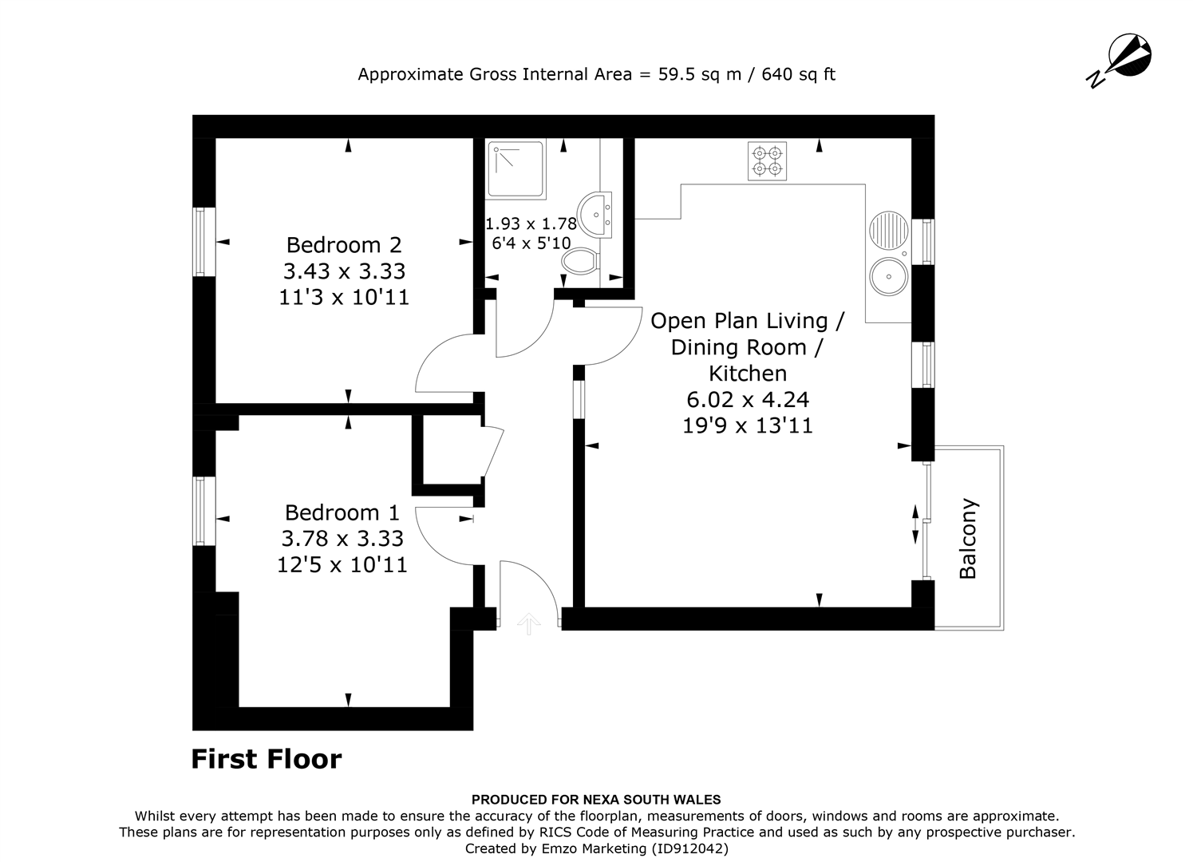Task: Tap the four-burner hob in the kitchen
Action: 767,161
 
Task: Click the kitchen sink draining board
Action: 887,231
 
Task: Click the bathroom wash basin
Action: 596,214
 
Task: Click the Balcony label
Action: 968,539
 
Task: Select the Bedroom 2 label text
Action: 344,244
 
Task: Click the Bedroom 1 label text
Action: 342,512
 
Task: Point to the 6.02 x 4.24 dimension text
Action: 748,399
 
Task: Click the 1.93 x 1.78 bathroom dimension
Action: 531,224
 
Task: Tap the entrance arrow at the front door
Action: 527,623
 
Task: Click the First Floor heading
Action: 267,758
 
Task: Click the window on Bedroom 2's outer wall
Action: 204,242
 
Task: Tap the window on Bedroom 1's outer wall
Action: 204,511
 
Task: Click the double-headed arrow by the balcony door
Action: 915,524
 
